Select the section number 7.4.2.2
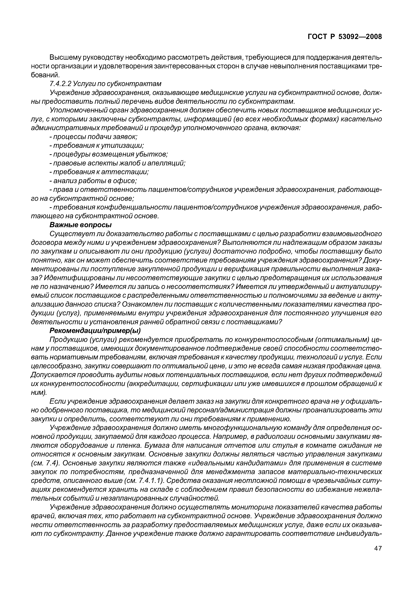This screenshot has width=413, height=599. pyautogui.click(x=60, y=84)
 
